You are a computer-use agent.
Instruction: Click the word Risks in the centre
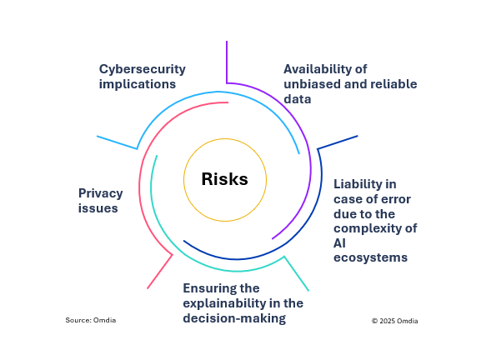224,179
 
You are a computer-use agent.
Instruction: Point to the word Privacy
101,193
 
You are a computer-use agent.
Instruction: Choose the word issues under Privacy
98,208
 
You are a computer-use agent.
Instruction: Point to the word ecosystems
371,257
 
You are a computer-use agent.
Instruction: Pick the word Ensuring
210,288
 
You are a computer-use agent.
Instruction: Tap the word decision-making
234,317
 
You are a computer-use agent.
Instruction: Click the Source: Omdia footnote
91,320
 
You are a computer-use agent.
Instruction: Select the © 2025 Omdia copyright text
395,320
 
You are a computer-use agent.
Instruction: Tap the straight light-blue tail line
117,142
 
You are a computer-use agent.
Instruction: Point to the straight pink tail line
159,271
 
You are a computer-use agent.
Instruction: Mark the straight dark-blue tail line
338,142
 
